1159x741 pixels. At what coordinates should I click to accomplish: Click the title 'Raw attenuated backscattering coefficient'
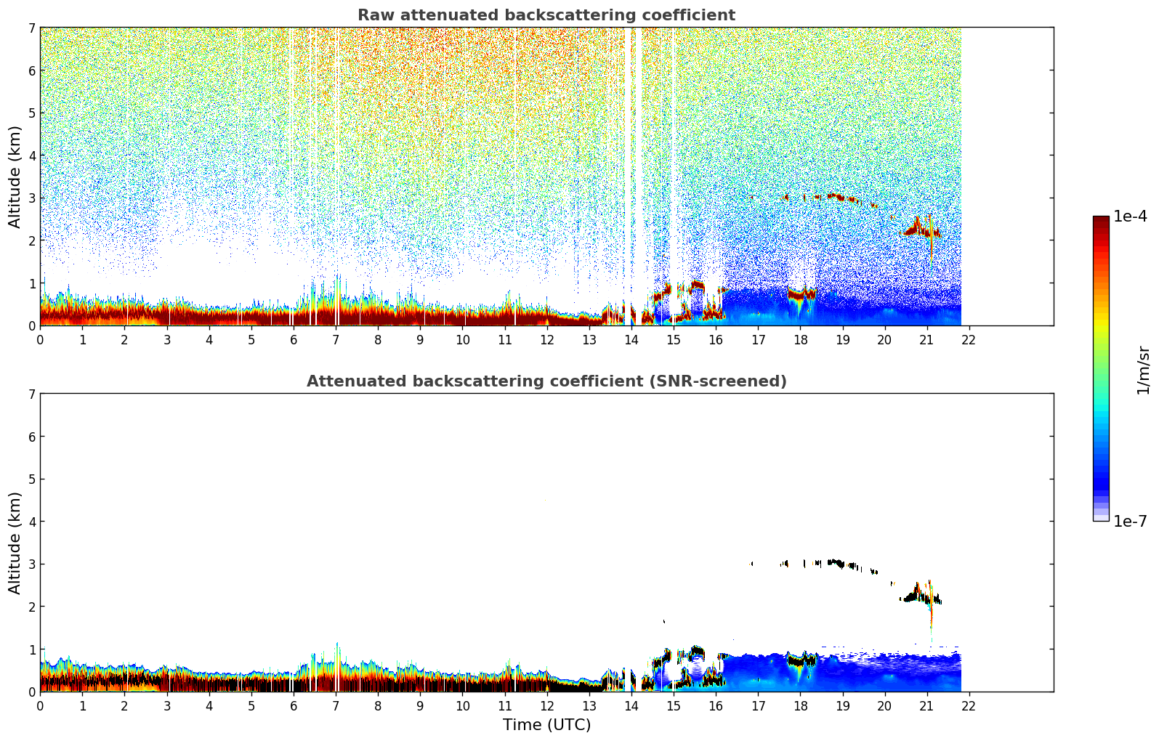point(546,15)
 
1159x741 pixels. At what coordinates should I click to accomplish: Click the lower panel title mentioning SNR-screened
point(546,381)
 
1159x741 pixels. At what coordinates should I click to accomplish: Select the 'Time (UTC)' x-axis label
point(546,725)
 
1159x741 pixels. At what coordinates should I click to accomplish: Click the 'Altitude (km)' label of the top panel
point(15,177)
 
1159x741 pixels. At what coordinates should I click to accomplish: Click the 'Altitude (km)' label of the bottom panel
point(15,543)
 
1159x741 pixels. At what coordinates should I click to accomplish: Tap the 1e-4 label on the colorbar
point(1130,216)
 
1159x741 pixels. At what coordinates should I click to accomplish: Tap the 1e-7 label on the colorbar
point(1130,521)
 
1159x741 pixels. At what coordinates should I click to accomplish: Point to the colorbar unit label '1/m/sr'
point(1143,369)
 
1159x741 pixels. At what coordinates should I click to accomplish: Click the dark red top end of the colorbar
point(1101,220)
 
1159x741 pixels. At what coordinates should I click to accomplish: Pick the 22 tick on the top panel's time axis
point(969,339)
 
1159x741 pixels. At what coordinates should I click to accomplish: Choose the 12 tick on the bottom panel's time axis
point(546,705)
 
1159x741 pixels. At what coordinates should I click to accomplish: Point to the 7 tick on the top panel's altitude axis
point(31,28)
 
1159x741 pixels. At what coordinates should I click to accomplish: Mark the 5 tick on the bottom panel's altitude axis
point(31,479)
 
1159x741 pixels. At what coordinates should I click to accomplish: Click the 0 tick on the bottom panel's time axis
point(40,705)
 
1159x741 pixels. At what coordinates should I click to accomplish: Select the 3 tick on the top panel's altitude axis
point(31,198)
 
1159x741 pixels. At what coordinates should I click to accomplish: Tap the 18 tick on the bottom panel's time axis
point(800,705)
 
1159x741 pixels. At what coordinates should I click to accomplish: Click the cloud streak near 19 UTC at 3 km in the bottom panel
point(836,563)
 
